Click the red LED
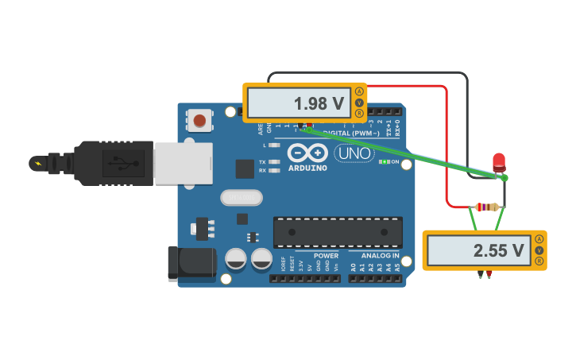[499, 162]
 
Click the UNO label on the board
[354, 153]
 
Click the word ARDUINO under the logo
[307, 168]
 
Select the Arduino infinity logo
[307, 153]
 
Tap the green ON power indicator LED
[385, 161]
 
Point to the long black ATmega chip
[338, 231]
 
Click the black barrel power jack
[191, 262]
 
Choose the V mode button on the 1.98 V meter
[359, 103]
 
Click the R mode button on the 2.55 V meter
[539, 261]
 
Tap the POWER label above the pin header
[326, 256]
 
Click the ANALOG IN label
[381, 256]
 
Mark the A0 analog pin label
[354, 268]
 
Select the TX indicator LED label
[262, 161]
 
